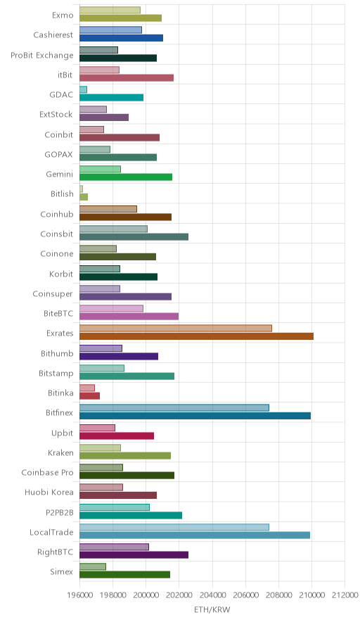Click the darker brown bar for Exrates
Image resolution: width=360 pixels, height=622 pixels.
click(196, 336)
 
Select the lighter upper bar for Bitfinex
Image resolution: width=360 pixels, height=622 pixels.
click(174, 407)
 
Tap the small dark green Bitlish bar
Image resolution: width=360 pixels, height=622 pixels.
click(84, 197)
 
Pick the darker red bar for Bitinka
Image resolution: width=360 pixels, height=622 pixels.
click(89, 395)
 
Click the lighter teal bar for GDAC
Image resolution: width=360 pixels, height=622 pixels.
click(83, 89)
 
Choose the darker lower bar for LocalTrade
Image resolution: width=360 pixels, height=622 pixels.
click(195, 535)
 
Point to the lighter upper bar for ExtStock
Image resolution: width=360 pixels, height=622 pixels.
click(94, 110)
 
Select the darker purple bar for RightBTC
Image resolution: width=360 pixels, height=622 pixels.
click(134, 555)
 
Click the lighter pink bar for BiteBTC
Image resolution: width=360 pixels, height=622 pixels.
click(111, 308)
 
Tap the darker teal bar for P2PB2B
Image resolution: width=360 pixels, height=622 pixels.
click(131, 515)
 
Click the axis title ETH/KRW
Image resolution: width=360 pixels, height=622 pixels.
click(212, 609)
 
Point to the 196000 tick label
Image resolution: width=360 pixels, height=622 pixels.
click(79, 595)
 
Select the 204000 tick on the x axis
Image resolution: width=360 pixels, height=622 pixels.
click(212, 595)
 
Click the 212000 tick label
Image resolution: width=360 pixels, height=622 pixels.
click(345, 595)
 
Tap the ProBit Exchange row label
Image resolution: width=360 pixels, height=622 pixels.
click(42, 55)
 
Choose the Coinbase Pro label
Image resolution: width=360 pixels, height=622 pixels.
click(48, 472)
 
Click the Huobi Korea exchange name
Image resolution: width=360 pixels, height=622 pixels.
click(49, 493)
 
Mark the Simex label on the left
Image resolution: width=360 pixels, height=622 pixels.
click(61, 571)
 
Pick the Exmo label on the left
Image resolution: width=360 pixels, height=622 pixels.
click(63, 15)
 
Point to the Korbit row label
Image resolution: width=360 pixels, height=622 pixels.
click(61, 274)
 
